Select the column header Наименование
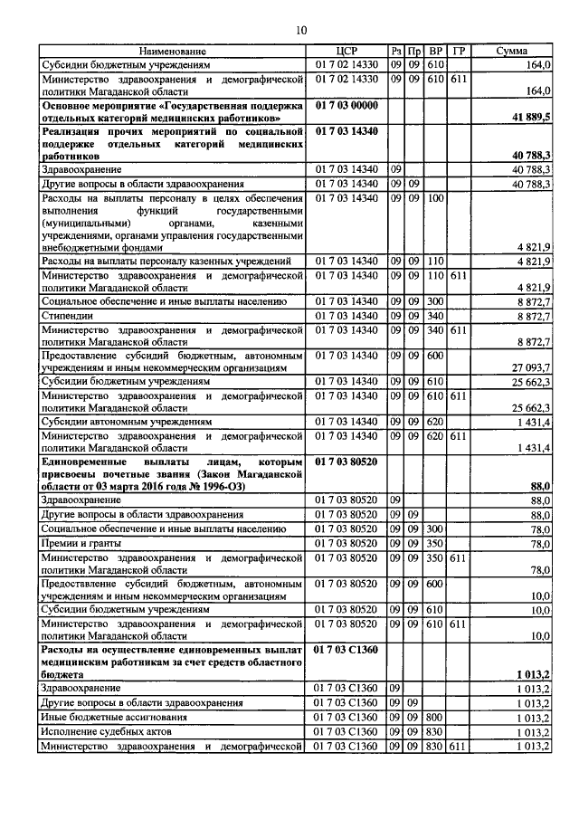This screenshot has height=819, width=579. click(x=173, y=52)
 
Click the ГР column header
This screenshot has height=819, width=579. click(x=459, y=52)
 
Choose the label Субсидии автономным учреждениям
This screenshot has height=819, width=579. click(x=127, y=421)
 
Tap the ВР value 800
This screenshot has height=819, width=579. click(x=435, y=716)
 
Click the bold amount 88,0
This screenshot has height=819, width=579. click(x=540, y=486)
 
